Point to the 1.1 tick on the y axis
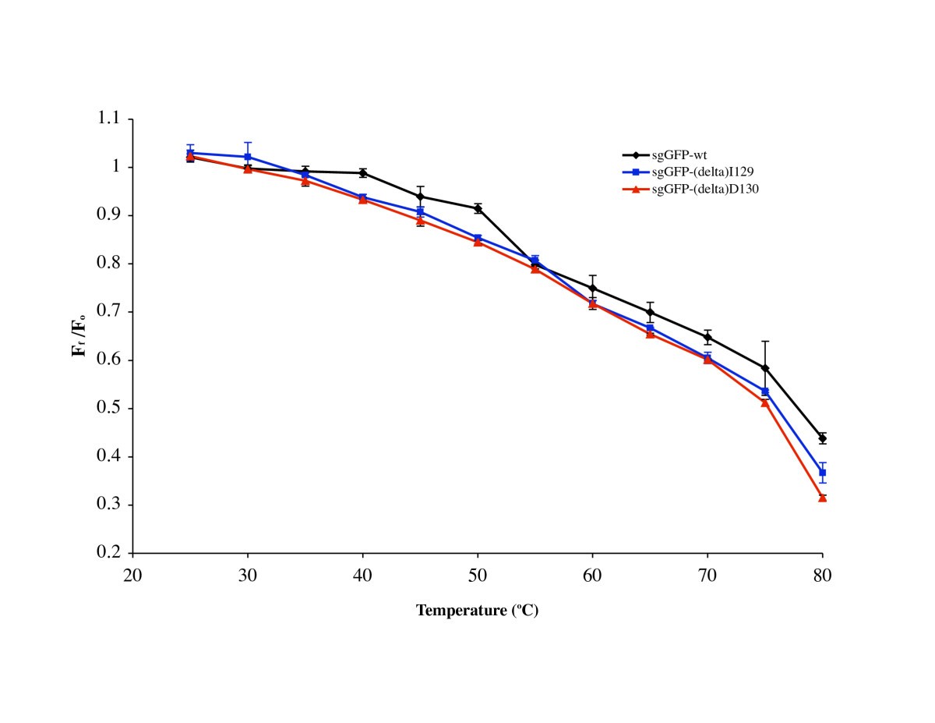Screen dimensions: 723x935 click(x=110, y=119)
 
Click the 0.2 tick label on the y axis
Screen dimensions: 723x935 click(x=110, y=553)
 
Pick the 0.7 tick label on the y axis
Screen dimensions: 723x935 click(x=110, y=312)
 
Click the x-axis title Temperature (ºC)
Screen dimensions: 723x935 click(x=477, y=611)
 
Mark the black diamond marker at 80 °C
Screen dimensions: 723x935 click(x=822, y=438)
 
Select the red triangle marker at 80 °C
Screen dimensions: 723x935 click(x=822, y=498)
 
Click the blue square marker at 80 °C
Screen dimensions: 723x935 click(x=822, y=473)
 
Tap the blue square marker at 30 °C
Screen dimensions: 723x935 click(x=248, y=157)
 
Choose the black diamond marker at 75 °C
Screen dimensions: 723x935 click(x=765, y=368)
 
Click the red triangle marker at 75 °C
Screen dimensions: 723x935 click(x=765, y=402)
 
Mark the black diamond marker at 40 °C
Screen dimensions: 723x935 click(x=363, y=172)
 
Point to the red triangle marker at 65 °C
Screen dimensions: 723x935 click(x=650, y=334)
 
